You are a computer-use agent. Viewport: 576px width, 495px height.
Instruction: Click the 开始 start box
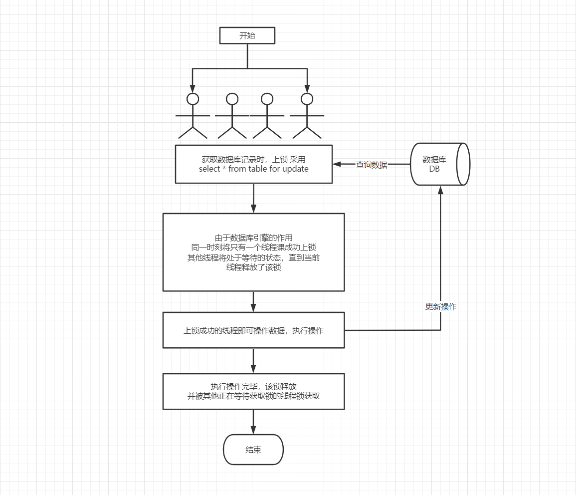pyautogui.click(x=247, y=36)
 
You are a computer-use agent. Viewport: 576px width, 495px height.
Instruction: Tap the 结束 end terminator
pyautogui.click(x=253, y=450)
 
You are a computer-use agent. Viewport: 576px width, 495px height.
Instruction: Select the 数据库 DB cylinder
pyautogui.click(x=439, y=164)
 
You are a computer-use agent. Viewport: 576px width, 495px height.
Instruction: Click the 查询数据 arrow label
pyautogui.click(x=372, y=165)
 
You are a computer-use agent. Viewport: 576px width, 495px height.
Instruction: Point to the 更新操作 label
pyautogui.click(x=440, y=307)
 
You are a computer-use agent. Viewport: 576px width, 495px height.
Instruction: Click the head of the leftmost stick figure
pyautogui.click(x=192, y=99)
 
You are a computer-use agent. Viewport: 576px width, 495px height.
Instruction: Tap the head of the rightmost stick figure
pyautogui.click(x=307, y=99)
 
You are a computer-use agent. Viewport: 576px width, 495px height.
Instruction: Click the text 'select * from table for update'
pyautogui.click(x=253, y=169)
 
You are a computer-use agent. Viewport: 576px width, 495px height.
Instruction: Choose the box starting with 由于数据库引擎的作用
pyautogui.click(x=253, y=252)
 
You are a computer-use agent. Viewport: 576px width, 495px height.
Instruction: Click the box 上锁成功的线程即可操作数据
pyautogui.click(x=253, y=330)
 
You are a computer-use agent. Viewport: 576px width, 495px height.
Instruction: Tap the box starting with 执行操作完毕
pyautogui.click(x=253, y=391)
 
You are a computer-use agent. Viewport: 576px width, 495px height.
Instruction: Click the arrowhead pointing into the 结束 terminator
pyautogui.click(x=253, y=430)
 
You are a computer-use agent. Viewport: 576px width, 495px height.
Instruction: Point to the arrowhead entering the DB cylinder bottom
pyautogui.click(x=440, y=190)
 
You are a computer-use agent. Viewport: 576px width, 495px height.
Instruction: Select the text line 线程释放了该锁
pyautogui.click(x=253, y=267)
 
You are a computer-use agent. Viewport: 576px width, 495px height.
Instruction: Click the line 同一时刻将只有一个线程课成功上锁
pyautogui.click(x=253, y=247)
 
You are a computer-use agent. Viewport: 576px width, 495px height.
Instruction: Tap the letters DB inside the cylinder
pyautogui.click(x=434, y=169)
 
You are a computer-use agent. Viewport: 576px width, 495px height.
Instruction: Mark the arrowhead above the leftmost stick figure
pyautogui.click(x=192, y=88)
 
